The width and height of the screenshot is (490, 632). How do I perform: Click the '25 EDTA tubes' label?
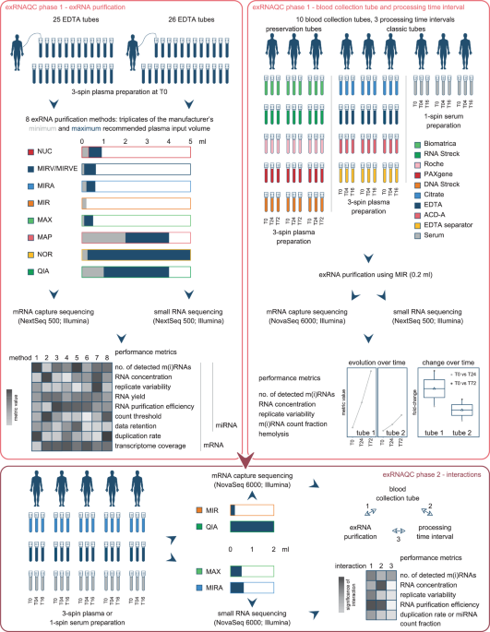(67, 20)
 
